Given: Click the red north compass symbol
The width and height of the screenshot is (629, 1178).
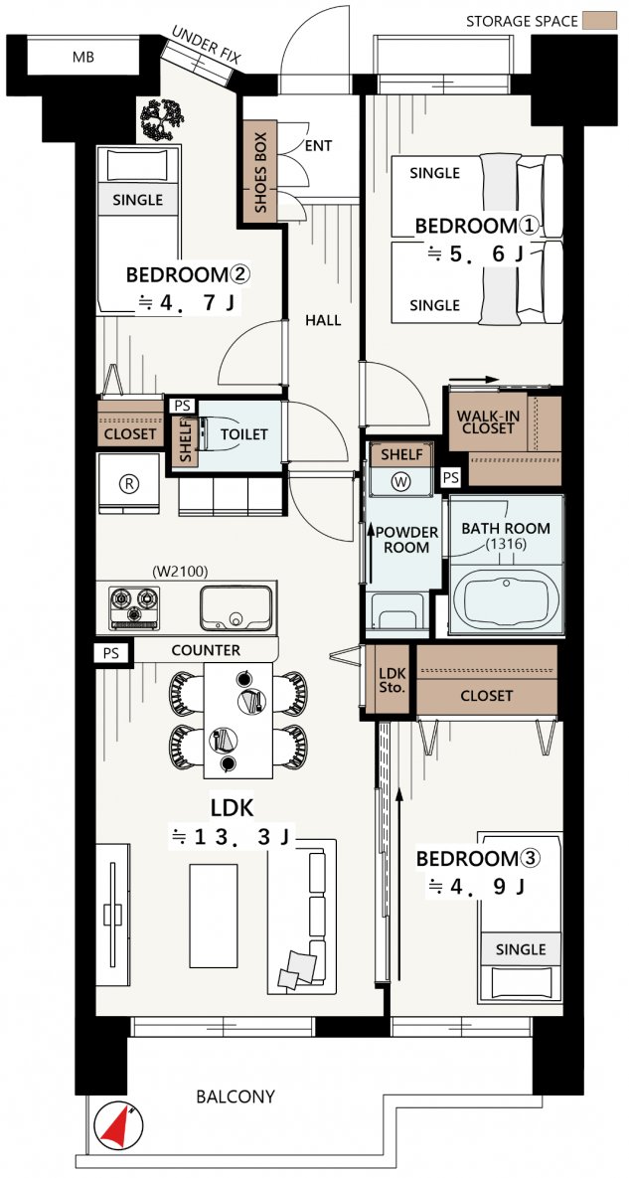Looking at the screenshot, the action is pyautogui.click(x=119, y=1124).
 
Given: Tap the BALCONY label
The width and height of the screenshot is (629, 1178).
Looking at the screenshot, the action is pyautogui.click(x=235, y=1096).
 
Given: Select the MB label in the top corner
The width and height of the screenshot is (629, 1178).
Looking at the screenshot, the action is pyautogui.click(x=83, y=57).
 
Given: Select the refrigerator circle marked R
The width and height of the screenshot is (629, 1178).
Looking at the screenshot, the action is pyautogui.click(x=129, y=484).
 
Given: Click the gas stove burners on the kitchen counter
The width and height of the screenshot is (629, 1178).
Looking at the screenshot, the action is pyautogui.click(x=135, y=606).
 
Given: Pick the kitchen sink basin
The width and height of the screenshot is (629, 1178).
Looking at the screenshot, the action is pyautogui.click(x=236, y=607).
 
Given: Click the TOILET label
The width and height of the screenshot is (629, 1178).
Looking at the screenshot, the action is pyautogui.click(x=243, y=434).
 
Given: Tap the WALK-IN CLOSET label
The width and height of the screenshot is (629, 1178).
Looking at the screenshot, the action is pyautogui.click(x=486, y=421).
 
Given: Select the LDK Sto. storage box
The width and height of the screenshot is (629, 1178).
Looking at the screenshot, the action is pyautogui.click(x=390, y=678).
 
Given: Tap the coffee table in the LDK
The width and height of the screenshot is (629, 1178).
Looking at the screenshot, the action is pyautogui.click(x=213, y=916).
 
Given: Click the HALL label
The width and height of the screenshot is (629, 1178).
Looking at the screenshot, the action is pyautogui.click(x=323, y=321).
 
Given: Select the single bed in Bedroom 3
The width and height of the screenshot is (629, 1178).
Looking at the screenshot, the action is pyautogui.click(x=520, y=918).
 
